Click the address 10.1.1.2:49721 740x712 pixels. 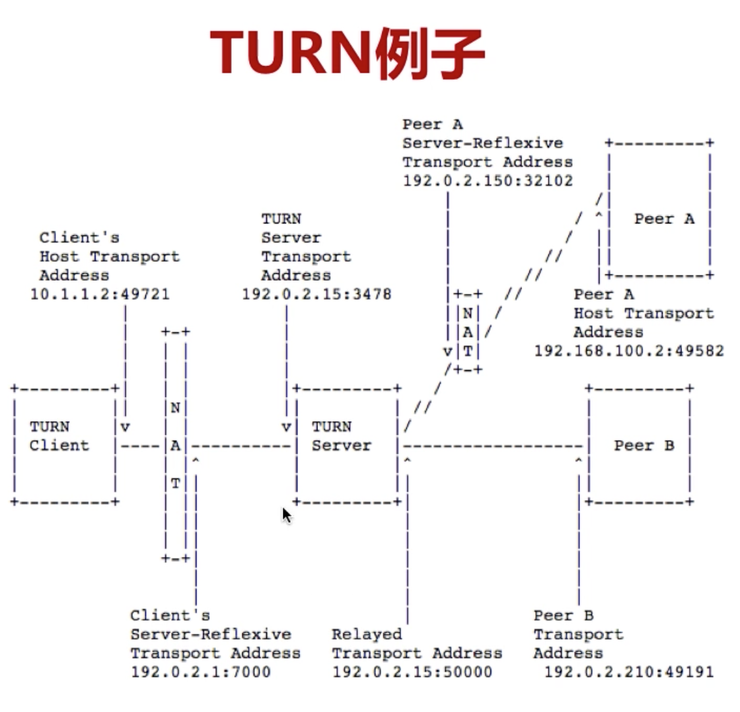point(100,294)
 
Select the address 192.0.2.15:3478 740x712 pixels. point(316,294)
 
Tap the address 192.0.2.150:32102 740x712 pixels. point(488,181)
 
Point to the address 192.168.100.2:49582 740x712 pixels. point(629,351)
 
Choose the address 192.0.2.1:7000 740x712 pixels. point(200,672)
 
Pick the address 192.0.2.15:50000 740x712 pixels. point(412,672)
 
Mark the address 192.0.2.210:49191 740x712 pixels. point(629,672)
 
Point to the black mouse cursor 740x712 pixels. point(287,515)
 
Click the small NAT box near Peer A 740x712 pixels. point(467,331)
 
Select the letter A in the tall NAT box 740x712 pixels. point(175,446)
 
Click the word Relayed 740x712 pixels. point(367,634)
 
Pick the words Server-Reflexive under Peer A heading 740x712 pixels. point(482,143)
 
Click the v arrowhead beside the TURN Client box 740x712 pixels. point(125,427)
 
